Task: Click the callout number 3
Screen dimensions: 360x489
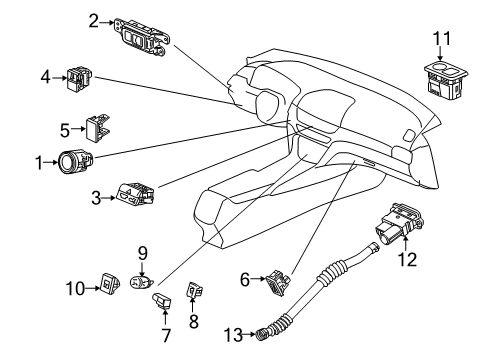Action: pos(96,198)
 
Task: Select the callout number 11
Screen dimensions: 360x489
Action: pos(442,39)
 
